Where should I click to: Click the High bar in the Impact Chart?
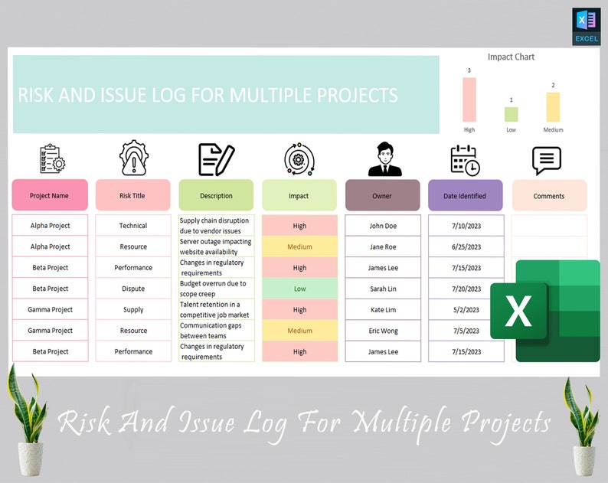[469, 100]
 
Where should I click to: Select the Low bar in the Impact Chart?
[511, 114]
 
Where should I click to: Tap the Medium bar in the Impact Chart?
[553, 107]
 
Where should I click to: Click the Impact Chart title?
[511, 57]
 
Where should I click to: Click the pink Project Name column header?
[50, 195]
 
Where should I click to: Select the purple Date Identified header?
[465, 195]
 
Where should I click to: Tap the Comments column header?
[549, 195]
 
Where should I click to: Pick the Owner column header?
[382, 195]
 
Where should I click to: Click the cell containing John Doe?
[383, 226]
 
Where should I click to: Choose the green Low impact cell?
[299, 289]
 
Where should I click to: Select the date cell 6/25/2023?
[466, 246]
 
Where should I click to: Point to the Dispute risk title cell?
[133, 289]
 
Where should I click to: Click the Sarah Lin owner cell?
[383, 289]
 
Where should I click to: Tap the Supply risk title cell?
[133, 310]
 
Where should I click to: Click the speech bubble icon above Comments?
[547, 160]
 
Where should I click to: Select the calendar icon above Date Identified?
[464, 160]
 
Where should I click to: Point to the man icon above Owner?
[383, 159]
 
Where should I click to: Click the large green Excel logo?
[545, 310]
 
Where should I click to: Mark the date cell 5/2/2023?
[466, 310]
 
